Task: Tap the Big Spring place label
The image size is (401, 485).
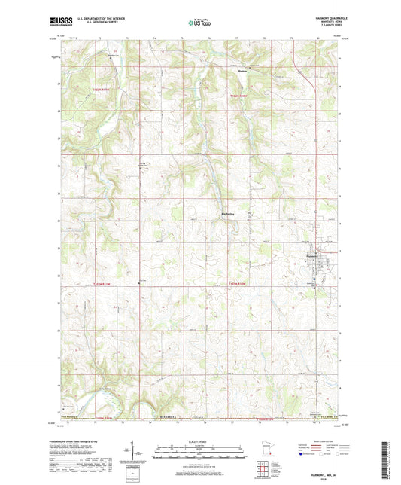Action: (x=229, y=214)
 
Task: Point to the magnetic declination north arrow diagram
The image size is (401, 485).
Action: (x=140, y=454)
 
